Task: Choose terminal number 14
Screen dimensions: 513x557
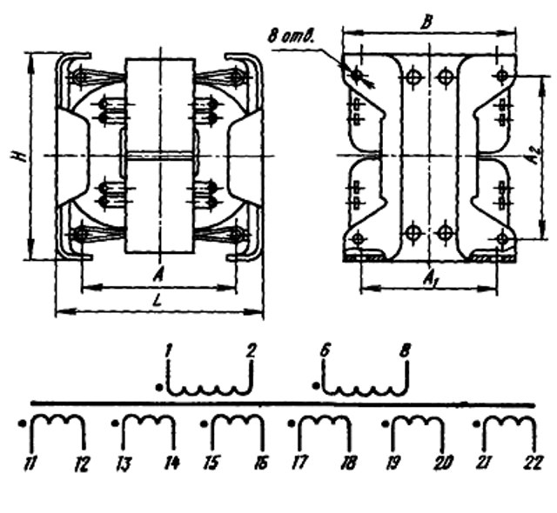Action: coord(171,464)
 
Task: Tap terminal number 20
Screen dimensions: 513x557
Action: coord(442,464)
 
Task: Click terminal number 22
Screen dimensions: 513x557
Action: coord(533,464)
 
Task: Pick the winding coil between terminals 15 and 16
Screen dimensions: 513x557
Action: coord(232,424)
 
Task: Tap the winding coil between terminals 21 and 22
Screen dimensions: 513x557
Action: coord(507,424)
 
